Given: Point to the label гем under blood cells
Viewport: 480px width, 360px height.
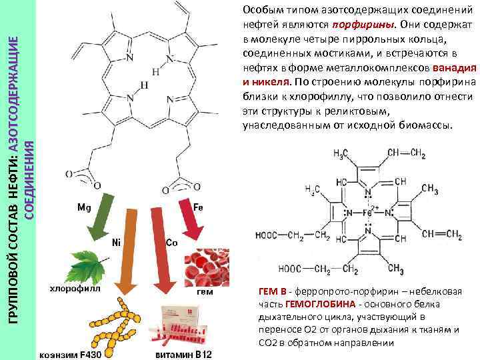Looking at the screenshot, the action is click(205, 291).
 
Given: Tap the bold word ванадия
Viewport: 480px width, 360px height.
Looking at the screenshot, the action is click(453, 67).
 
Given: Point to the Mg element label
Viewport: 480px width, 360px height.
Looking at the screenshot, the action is click(84, 207).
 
